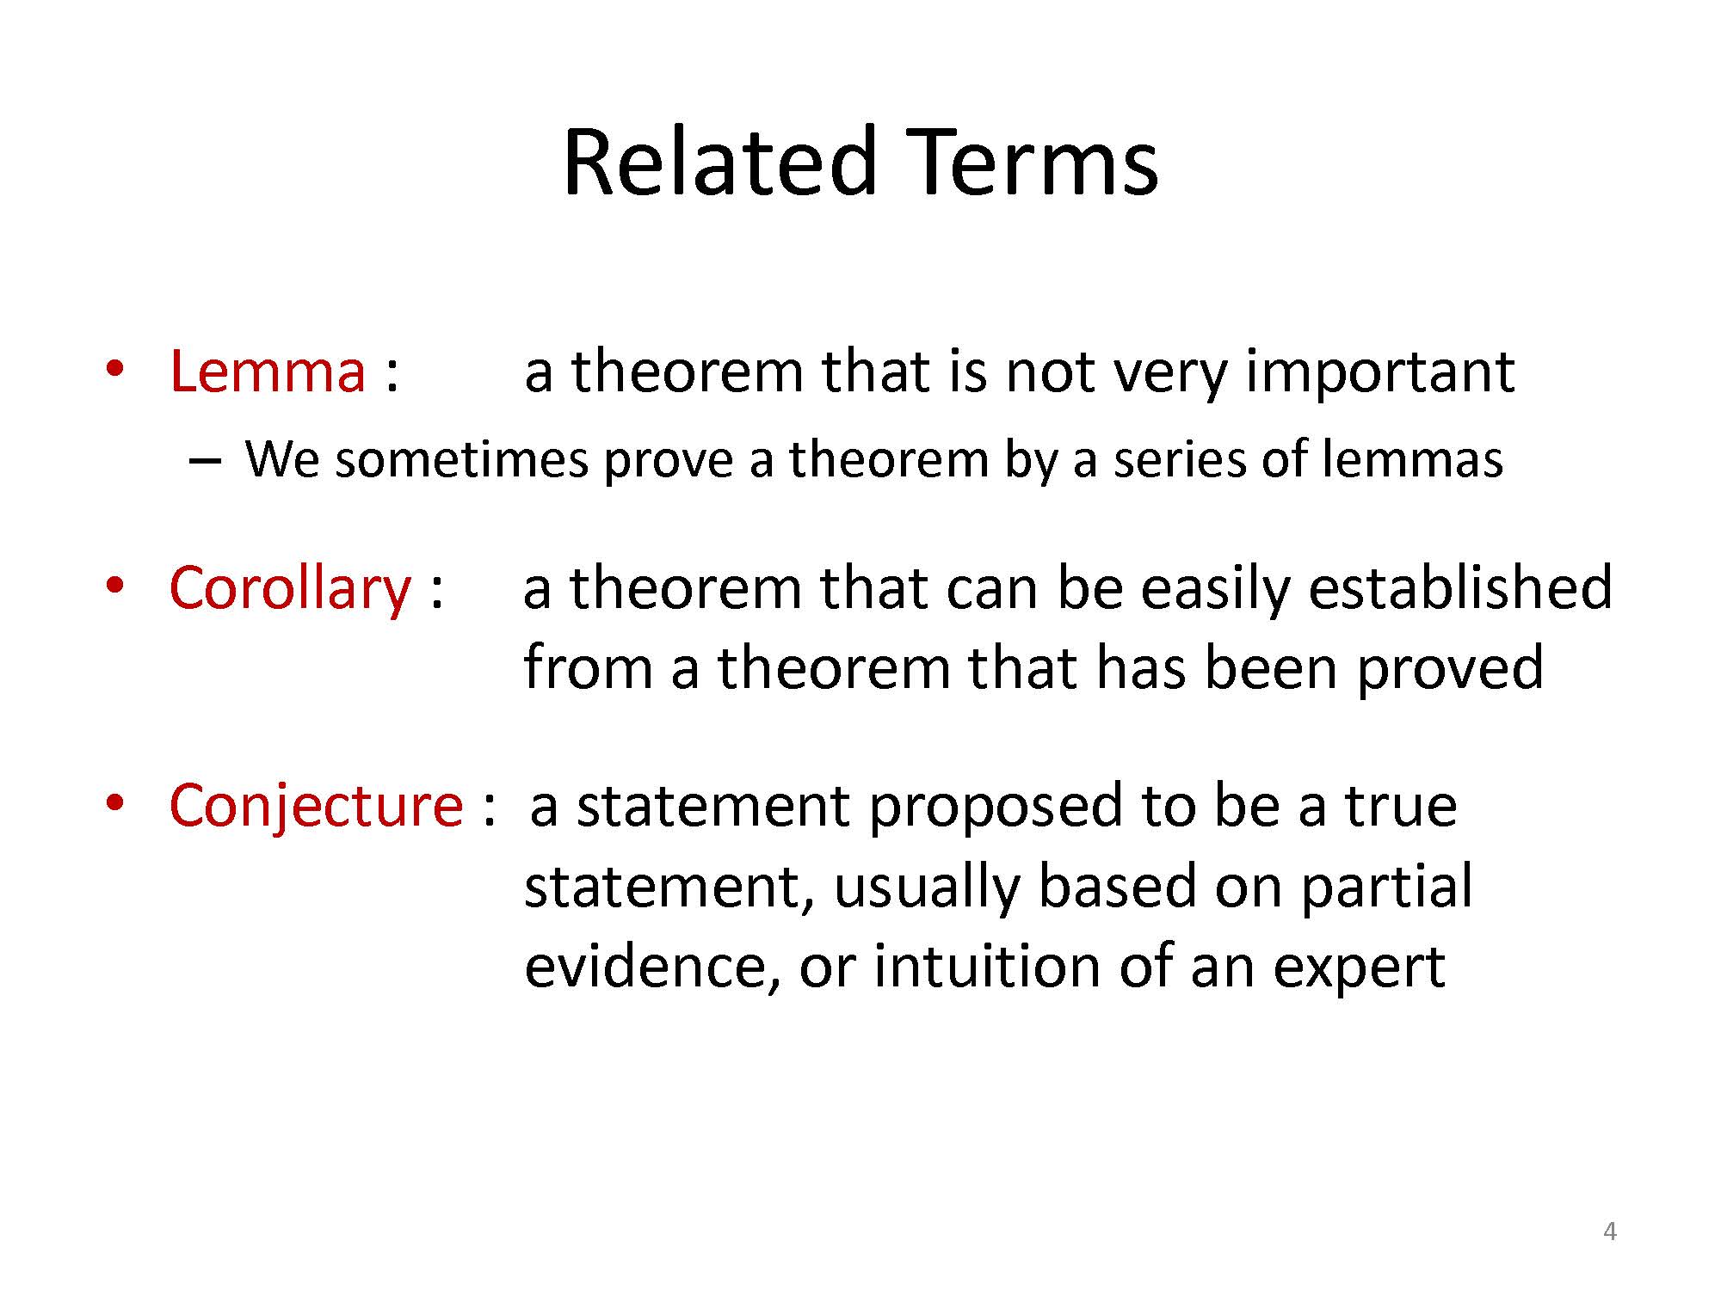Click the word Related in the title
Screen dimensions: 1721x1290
720,161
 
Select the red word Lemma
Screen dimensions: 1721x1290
268,372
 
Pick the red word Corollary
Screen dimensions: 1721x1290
290,589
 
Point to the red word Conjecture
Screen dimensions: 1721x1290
316,806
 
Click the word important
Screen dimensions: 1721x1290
1379,373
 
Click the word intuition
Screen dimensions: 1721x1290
987,966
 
